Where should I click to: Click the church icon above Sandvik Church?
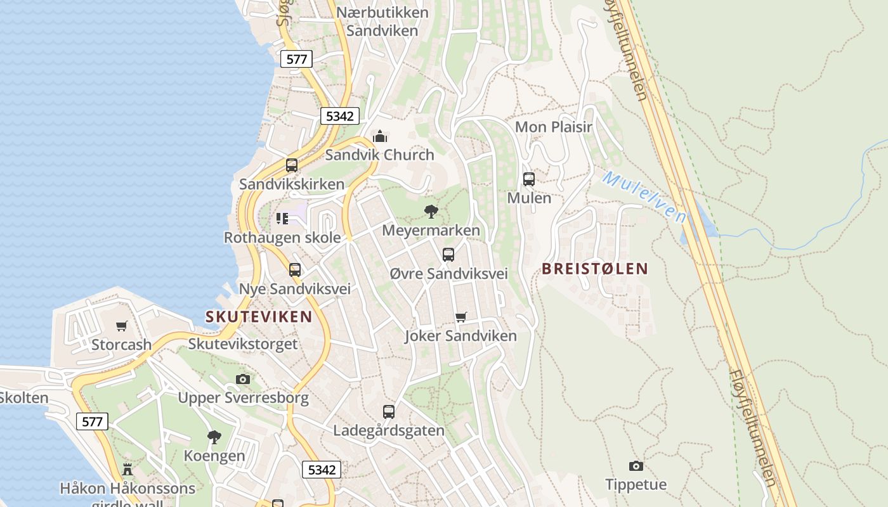click(380, 136)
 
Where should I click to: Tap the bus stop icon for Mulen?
click(529, 179)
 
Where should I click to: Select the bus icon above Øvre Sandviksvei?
click(448, 255)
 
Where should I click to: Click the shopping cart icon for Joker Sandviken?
click(461, 317)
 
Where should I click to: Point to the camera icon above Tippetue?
click(636, 466)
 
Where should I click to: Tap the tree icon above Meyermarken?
click(431, 212)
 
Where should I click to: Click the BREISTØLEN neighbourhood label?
click(595, 269)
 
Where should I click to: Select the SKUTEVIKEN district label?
click(259, 317)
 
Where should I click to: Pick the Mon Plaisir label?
click(553, 127)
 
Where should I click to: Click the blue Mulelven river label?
click(644, 196)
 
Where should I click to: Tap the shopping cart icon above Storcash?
click(122, 326)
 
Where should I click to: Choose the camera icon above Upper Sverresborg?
click(243, 380)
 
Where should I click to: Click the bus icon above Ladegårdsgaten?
click(389, 412)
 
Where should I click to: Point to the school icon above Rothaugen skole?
click(282, 219)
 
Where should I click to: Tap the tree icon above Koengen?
click(214, 437)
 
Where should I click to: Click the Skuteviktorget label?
click(243, 344)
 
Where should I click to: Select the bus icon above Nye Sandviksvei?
click(295, 270)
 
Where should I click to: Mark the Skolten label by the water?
click(24, 398)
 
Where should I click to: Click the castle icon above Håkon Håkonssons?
click(127, 470)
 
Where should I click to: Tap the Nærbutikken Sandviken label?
click(382, 22)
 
